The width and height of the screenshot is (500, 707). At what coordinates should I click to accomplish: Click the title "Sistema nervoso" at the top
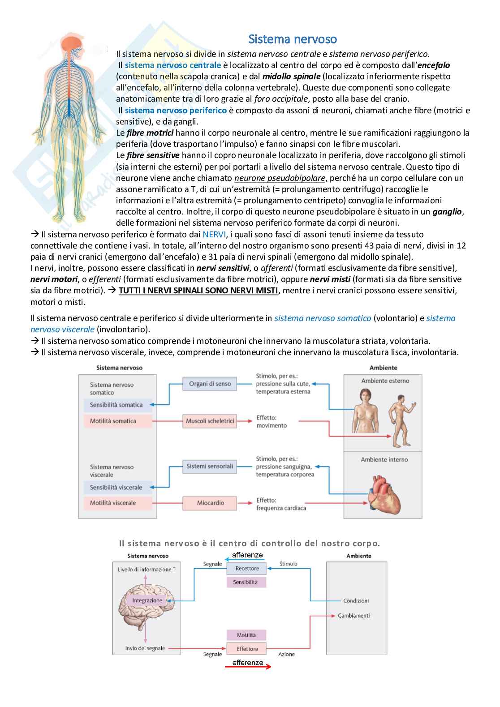pyautogui.click(x=293, y=39)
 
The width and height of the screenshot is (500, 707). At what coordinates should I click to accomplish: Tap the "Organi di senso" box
pyautogui.click(x=210, y=384)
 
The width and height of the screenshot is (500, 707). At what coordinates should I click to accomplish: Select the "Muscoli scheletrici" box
pyautogui.click(x=210, y=421)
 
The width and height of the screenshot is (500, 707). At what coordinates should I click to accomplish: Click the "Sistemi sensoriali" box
pyautogui.click(x=210, y=466)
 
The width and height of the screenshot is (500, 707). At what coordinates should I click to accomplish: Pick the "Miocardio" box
pyautogui.click(x=210, y=503)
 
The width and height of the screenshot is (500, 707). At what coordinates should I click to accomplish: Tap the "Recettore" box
pyautogui.click(x=247, y=569)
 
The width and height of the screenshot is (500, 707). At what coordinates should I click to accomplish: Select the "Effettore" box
pyautogui.click(x=247, y=649)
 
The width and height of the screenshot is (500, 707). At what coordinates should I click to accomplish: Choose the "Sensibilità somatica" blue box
pyautogui.click(x=116, y=405)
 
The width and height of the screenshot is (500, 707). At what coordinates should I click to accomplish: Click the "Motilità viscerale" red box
pyautogui.click(x=113, y=503)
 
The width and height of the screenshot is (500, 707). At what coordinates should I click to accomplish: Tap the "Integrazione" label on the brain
pyautogui.click(x=147, y=600)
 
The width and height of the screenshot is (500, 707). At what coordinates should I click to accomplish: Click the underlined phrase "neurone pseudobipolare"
pyautogui.click(x=280, y=178)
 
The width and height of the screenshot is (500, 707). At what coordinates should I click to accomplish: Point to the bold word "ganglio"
pyautogui.click(x=447, y=212)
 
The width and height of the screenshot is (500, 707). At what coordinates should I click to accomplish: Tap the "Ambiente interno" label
pyautogui.click(x=384, y=459)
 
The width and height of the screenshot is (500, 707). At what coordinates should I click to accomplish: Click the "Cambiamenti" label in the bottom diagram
pyautogui.click(x=353, y=616)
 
